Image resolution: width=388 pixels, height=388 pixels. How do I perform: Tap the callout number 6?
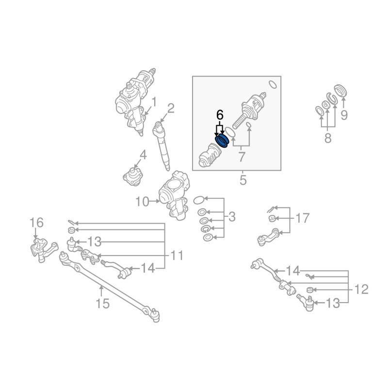(220, 115)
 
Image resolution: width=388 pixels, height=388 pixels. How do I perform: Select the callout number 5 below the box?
(243, 180)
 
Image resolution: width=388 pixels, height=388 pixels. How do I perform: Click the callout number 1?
(154, 102)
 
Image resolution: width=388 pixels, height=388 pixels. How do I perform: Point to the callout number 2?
(171, 108)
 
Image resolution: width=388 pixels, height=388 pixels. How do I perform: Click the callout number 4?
(143, 155)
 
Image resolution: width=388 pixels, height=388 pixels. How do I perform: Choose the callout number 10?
(142, 202)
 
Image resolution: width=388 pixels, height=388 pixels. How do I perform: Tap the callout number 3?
(232, 217)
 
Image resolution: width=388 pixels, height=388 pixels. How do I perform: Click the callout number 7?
(242, 157)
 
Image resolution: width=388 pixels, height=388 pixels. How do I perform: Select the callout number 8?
(328, 138)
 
